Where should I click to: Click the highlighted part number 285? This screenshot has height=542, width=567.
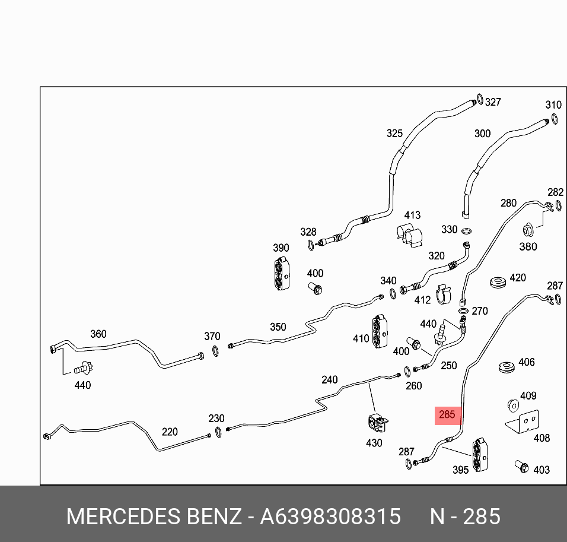point(447,415)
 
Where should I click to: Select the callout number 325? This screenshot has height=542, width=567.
point(394,134)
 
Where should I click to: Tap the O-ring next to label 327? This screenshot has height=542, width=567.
point(479,98)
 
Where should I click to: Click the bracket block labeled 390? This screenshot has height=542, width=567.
point(281,275)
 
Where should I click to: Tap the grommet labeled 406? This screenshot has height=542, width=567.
point(505,366)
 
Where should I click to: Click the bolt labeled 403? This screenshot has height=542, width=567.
point(521,467)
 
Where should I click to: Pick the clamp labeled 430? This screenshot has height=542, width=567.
point(377,423)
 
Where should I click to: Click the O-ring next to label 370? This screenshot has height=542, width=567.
point(216,353)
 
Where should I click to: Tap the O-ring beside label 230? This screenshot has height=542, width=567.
point(219,432)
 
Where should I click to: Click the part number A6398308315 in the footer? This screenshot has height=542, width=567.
point(330,516)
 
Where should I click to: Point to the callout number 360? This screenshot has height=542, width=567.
point(98,334)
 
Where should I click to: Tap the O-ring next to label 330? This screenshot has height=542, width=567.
point(467,231)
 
